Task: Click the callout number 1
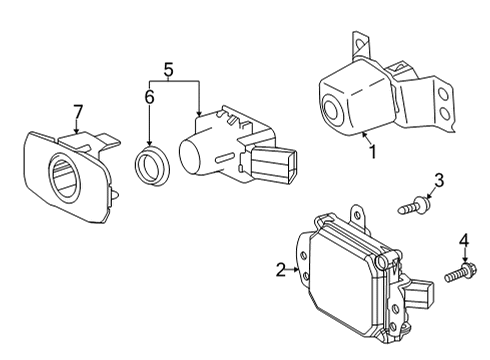(x=372, y=153)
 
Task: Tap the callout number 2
(x=281, y=268)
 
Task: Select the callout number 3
(x=437, y=180)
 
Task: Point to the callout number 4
(x=463, y=240)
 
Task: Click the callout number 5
(x=169, y=70)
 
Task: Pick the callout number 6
(x=150, y=97)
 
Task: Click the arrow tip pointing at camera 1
(x=366, y=133)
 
